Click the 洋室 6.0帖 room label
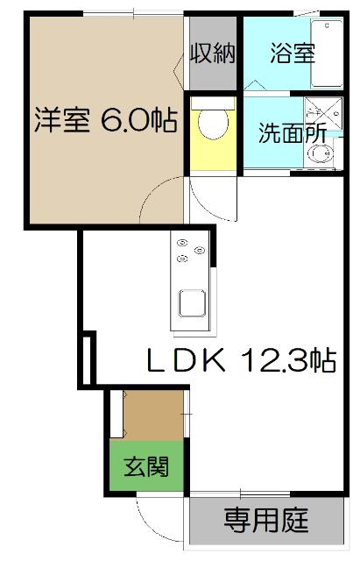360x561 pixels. tap(105, 121)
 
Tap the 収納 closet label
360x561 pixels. tap(214, 54)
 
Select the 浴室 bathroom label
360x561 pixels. tap(292, 54)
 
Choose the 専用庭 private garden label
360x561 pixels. tap(265, 522)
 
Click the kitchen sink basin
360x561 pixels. tap(193, 304)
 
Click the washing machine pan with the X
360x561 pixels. tap(316, 115)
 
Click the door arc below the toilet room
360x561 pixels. tap(210, 196)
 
